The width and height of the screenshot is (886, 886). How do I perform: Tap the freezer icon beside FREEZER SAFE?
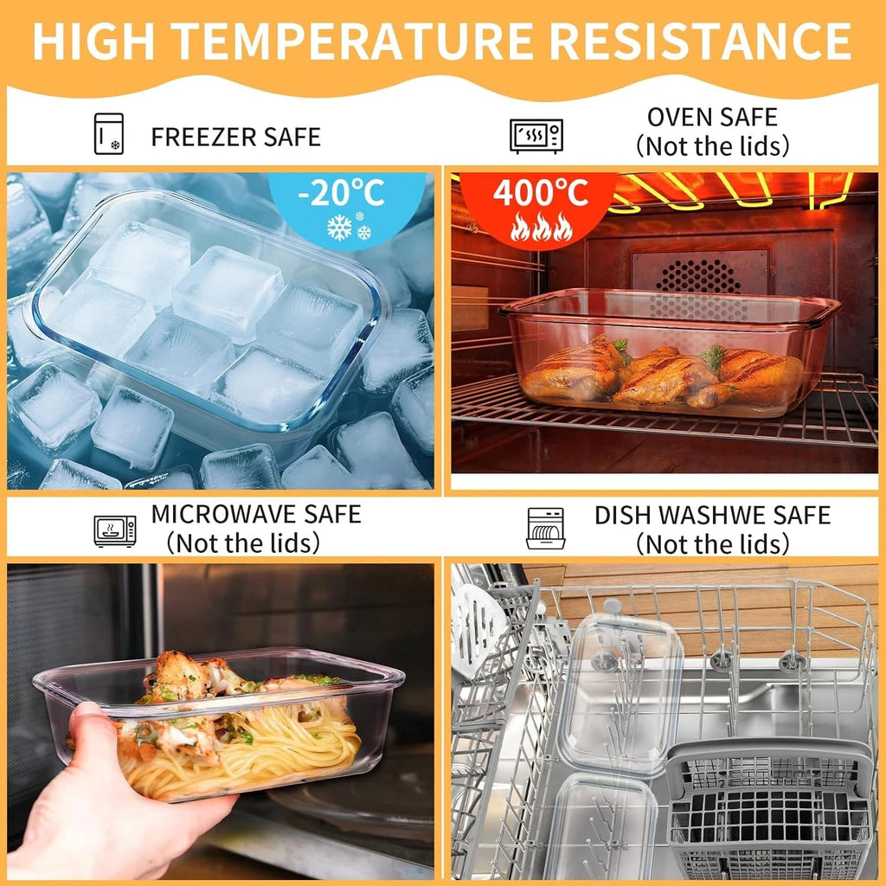pos(108,134)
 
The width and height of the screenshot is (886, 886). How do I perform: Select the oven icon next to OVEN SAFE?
pos(536,135)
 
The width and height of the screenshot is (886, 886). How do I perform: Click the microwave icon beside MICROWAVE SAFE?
pos(114,530)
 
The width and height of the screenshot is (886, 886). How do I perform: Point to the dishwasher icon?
pos(545,529)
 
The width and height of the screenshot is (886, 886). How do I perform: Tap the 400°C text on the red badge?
pos(540,193)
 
